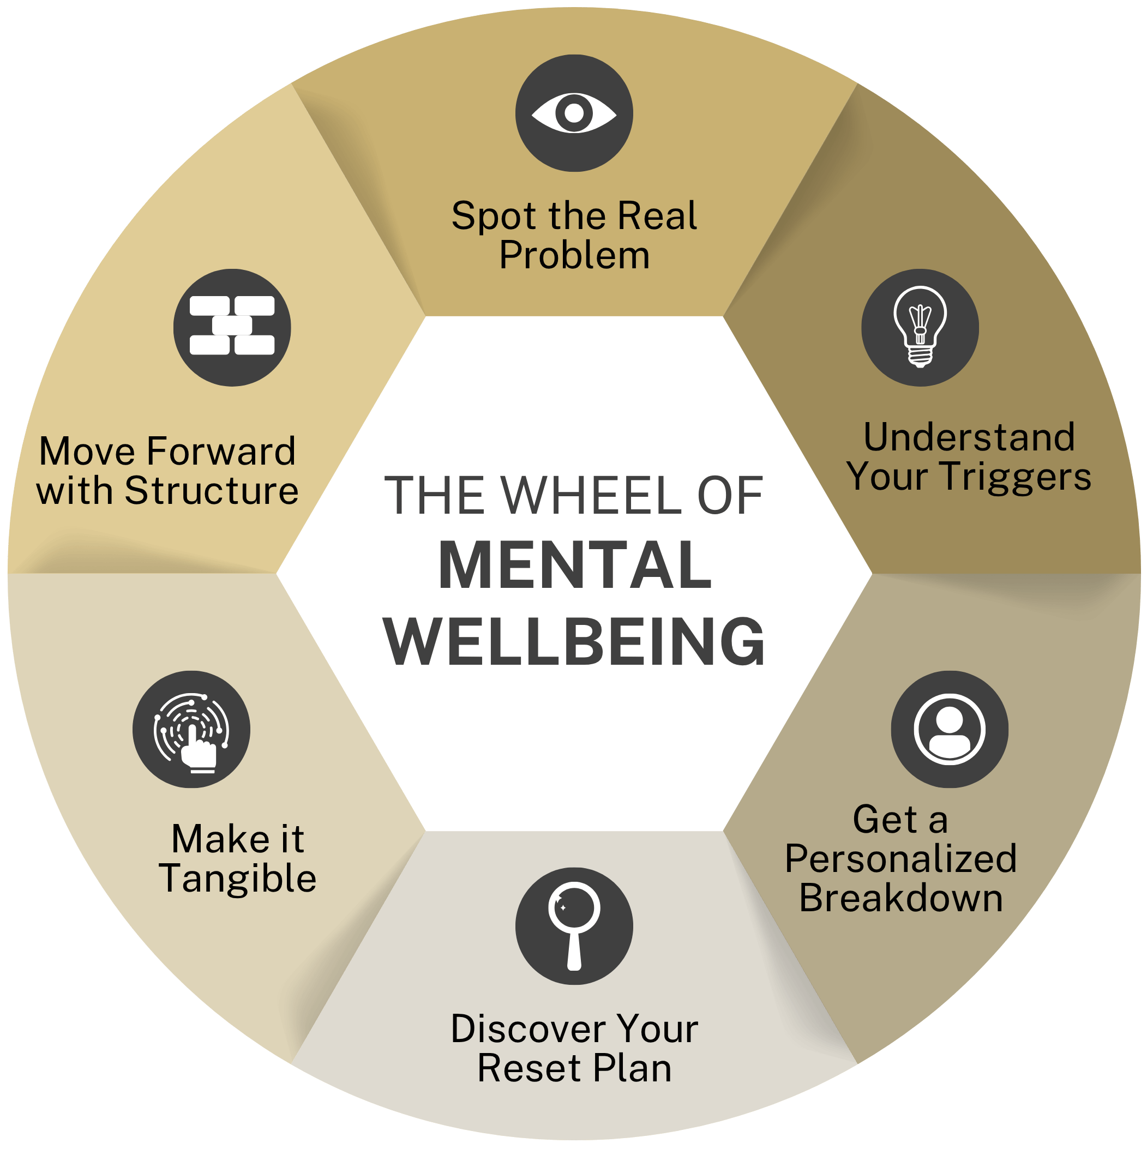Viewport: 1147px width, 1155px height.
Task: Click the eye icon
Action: coord(574,113)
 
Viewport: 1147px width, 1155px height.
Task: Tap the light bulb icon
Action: coord(919,327)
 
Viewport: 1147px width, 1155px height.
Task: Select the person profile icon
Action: coord(949,729)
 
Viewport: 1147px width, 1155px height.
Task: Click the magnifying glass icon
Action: coord(574,925)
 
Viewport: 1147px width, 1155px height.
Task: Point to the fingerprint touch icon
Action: coord(191,729)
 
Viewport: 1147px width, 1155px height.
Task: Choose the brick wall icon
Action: coord(232,327)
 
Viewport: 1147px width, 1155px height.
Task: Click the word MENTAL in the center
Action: coord(575,566)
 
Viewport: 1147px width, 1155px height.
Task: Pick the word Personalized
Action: coord(900,859)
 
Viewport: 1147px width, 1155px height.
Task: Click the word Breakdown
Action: coord(900,898)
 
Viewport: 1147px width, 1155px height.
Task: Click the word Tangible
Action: coord(238,879)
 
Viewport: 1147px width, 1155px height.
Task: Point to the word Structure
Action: coord(211,491)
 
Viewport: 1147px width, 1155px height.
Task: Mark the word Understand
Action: coord(969,437)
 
